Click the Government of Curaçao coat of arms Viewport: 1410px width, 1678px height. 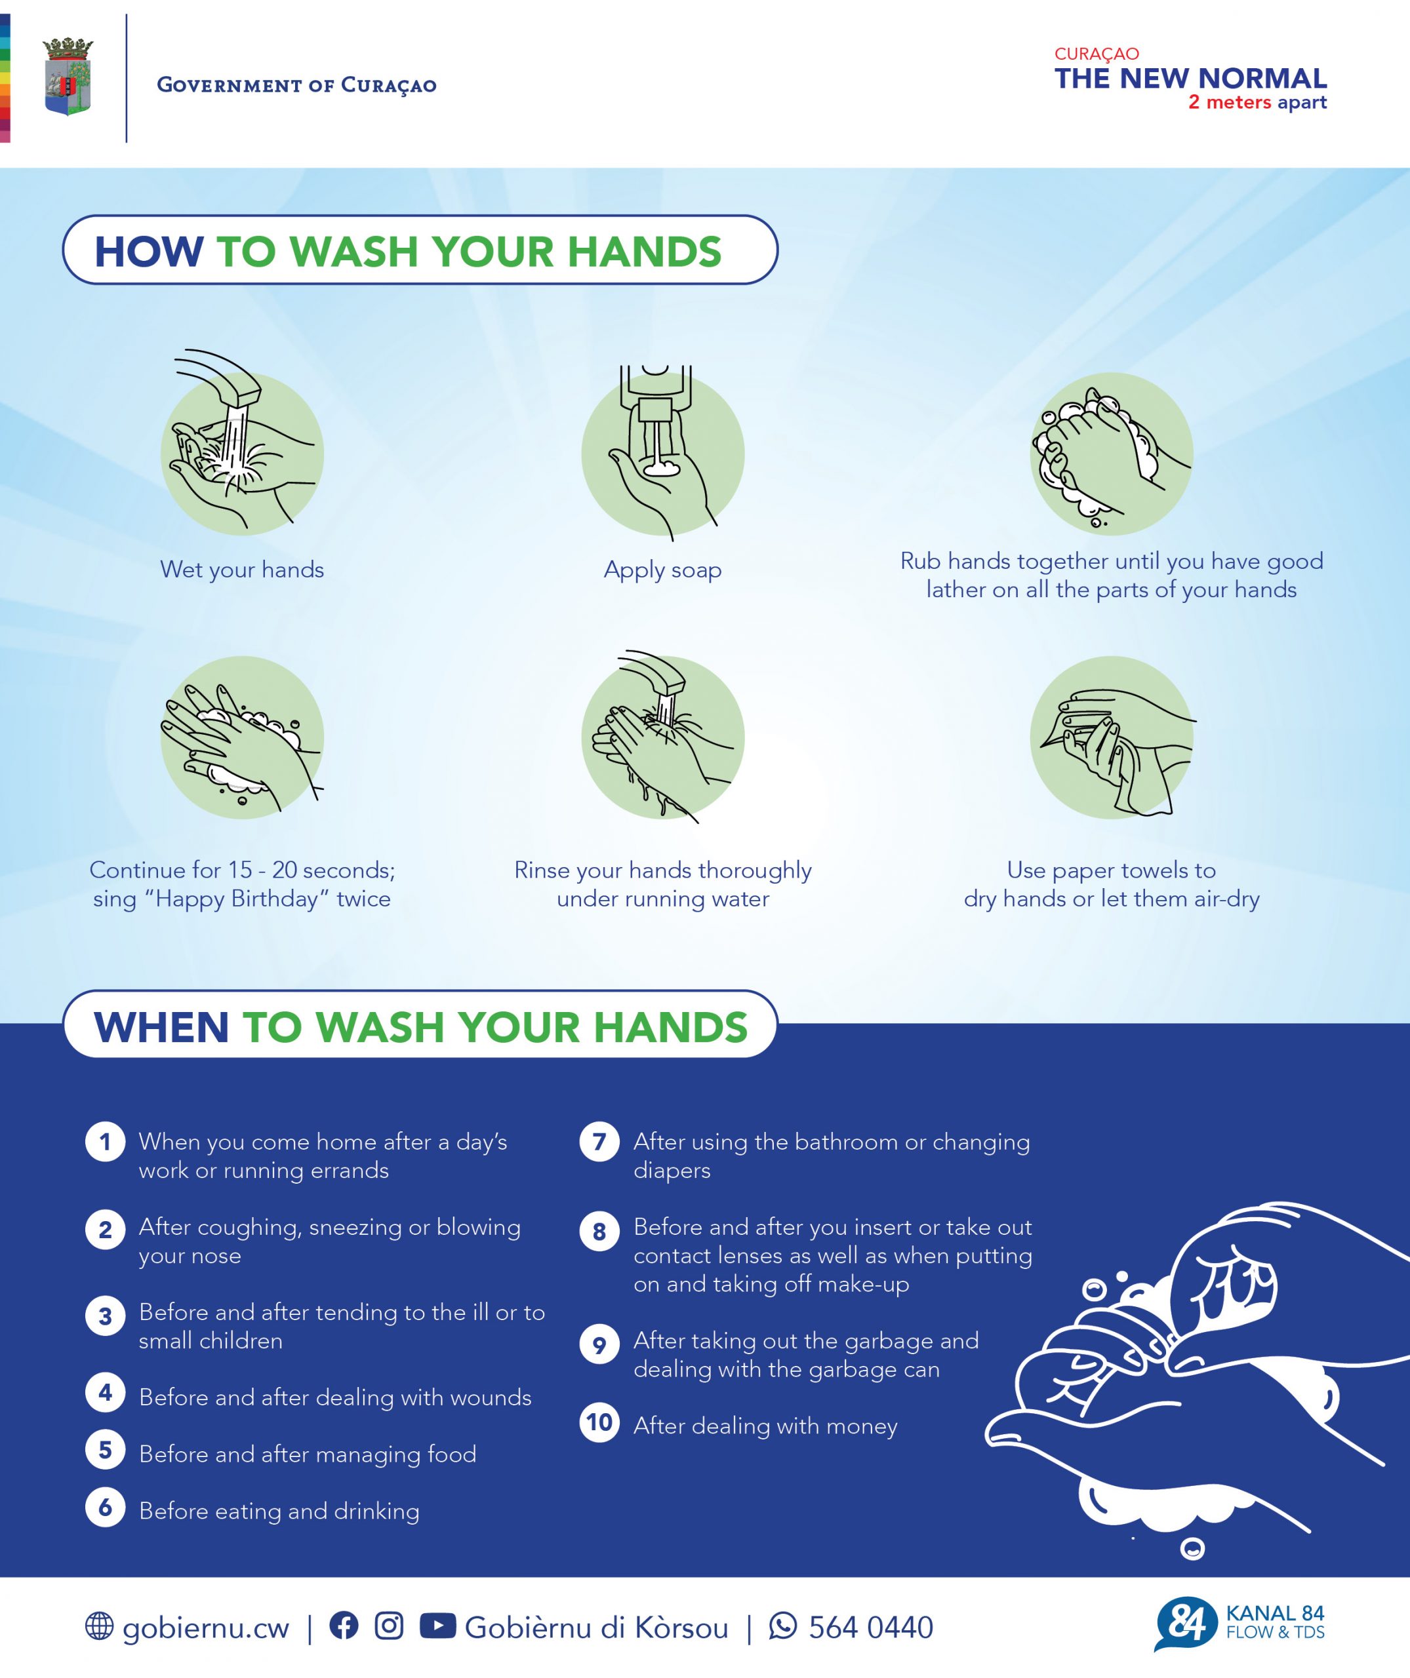[x=68, y=77]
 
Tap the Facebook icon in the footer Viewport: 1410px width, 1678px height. [x=344, y=1626]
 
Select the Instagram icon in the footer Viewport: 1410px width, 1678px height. [x=390, y=1626]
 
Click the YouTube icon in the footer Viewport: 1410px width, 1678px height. [x=437, y=1626]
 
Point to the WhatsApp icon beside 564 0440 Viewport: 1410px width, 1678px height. [x=782, y=1626]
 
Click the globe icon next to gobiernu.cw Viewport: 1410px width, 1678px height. [x=99, y=1626]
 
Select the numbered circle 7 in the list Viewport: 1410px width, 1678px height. [x=599, y=1142]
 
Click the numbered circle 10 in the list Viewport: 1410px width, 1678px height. [x=599, y=1423]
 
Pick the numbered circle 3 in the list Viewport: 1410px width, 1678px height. [x=106, y=1316]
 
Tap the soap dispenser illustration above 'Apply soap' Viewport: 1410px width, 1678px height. [x=662, y=452]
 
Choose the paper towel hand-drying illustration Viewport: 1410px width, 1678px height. [x=1112, y=737]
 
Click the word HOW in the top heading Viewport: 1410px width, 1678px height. [x=150, y=252]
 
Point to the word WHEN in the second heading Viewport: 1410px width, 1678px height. [x=161, y=1028]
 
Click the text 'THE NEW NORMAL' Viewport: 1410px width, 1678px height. [x=1190, y=78]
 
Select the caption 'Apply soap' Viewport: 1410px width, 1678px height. [x=662, y=570]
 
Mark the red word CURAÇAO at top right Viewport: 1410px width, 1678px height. [x=1097, y=54]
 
